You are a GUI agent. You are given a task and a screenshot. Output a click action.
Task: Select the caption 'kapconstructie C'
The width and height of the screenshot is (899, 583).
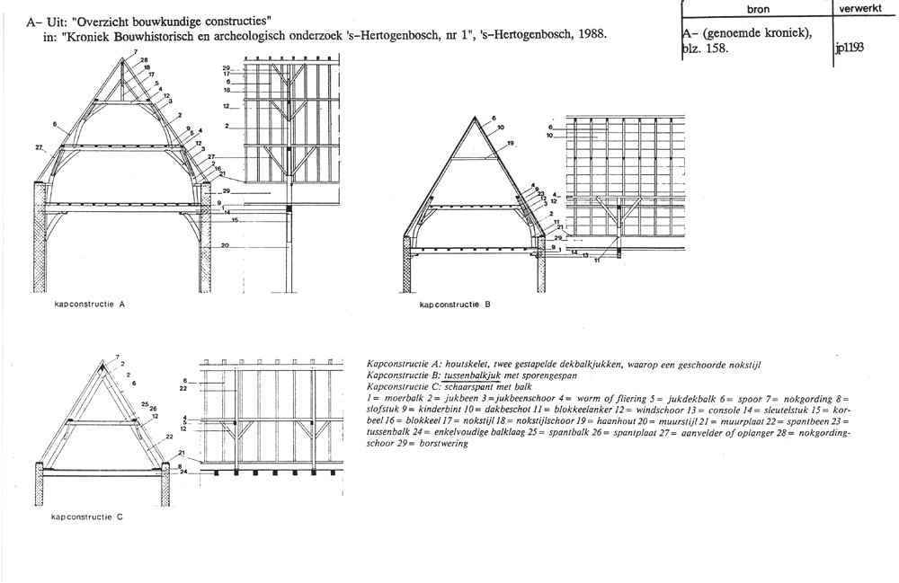pyautogui.click(x=88, y=518)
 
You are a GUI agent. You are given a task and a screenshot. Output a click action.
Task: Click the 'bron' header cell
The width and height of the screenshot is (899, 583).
pyautogui.click(x=757, y=8)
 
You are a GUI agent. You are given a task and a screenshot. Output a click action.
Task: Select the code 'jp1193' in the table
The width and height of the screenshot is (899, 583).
pyautogui.click(x=850, y=48)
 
